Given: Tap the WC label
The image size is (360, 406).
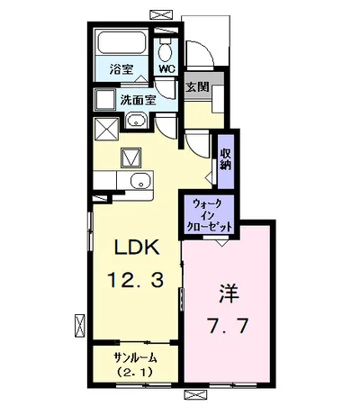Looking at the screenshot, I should point(166,68).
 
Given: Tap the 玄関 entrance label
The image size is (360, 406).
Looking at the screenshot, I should point(198,87).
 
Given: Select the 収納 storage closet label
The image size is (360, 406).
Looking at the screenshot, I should point(225,158).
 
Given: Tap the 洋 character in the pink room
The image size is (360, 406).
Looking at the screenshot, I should point(229,293).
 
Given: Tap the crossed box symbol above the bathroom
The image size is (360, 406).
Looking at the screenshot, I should point(164,14).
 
